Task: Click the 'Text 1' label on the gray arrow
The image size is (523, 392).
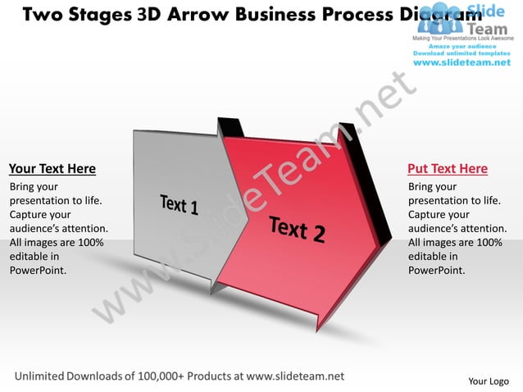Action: (179, 203)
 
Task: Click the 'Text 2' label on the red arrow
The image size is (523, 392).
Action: (297, 229)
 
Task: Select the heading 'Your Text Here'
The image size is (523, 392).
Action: (52, 169)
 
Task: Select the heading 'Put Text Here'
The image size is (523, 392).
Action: (448, 169)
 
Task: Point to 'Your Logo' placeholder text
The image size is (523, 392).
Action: (488, 381)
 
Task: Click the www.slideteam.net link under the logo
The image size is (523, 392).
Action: (460, 62)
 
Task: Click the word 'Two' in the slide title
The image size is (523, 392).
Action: (36, 14)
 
